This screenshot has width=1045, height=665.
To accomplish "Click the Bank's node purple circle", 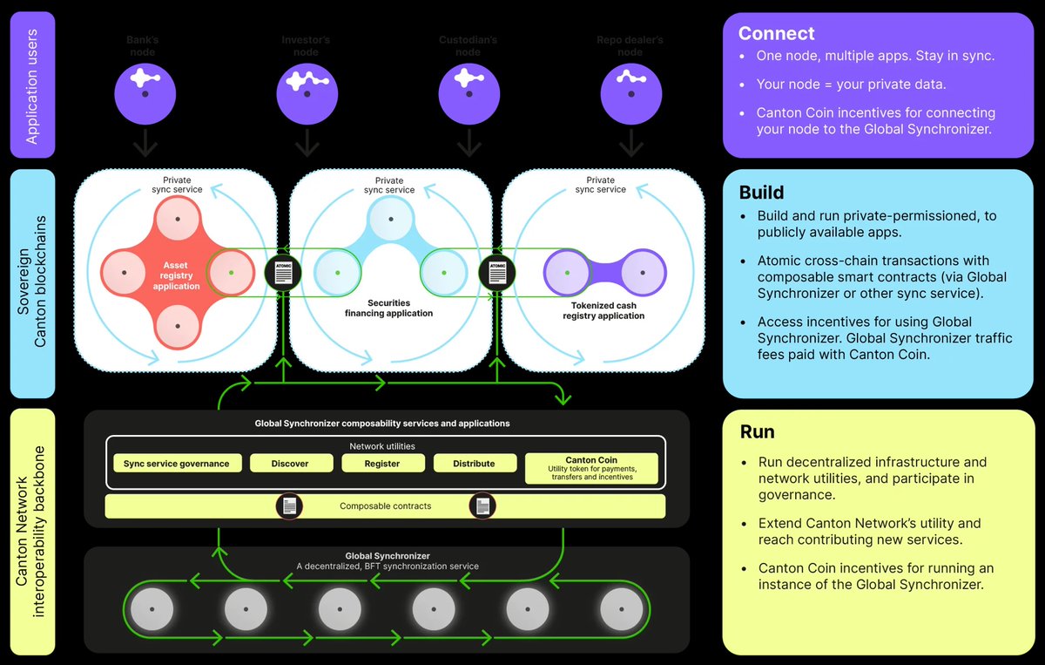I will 145,92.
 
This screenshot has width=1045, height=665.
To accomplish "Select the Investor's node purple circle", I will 307,92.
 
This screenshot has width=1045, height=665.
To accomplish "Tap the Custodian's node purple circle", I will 469,92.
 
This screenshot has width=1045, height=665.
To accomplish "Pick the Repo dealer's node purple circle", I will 630,92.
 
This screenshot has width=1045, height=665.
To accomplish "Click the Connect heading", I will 776,33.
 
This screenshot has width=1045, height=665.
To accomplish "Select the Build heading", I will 761,193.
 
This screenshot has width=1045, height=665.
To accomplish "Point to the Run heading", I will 757,431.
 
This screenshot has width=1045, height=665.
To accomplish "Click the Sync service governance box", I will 176,464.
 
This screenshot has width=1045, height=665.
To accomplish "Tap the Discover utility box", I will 290,464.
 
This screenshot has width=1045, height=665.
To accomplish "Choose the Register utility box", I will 381,464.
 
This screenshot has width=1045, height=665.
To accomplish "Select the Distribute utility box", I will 474,464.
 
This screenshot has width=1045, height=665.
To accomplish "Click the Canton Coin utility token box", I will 591,468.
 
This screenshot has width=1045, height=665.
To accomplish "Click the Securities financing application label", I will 388,308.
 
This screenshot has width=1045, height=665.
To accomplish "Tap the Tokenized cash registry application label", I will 603,310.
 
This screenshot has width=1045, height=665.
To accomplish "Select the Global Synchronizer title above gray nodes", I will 387,556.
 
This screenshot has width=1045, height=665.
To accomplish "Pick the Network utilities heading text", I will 381,445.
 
